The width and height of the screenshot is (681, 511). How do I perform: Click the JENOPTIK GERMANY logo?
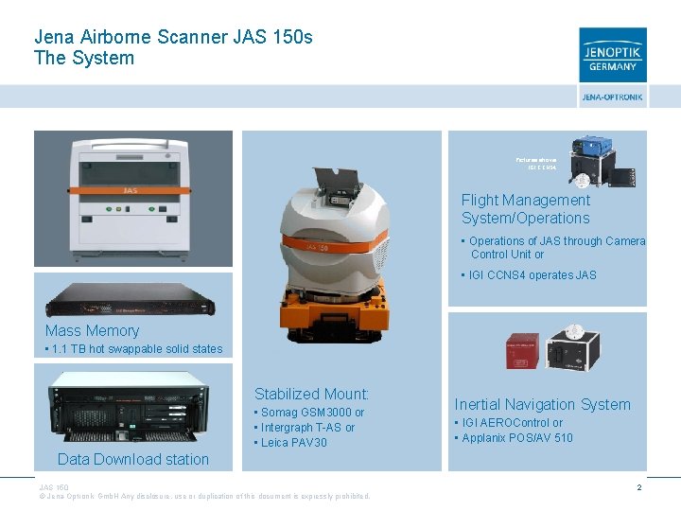pos(613,55)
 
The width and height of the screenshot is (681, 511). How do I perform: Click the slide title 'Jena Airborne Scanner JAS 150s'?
pos(173,37)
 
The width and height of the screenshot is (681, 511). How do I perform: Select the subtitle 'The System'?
pos(84,59)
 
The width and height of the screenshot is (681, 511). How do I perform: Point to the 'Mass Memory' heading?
pos(92,330)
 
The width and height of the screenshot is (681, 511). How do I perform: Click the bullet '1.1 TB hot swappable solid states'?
pos(134,349)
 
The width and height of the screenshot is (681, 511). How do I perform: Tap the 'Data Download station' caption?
pos(133,459)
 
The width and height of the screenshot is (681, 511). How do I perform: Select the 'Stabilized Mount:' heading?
pos(311,394)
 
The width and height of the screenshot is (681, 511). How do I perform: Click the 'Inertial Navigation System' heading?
pos(542,404)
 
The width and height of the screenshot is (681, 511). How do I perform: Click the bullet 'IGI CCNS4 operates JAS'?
pos(532,275)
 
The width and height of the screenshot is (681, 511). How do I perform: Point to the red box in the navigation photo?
pos(524,349)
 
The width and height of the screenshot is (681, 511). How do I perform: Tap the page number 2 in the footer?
pos(639,487)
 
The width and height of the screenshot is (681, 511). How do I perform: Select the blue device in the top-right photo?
pos(592,150)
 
